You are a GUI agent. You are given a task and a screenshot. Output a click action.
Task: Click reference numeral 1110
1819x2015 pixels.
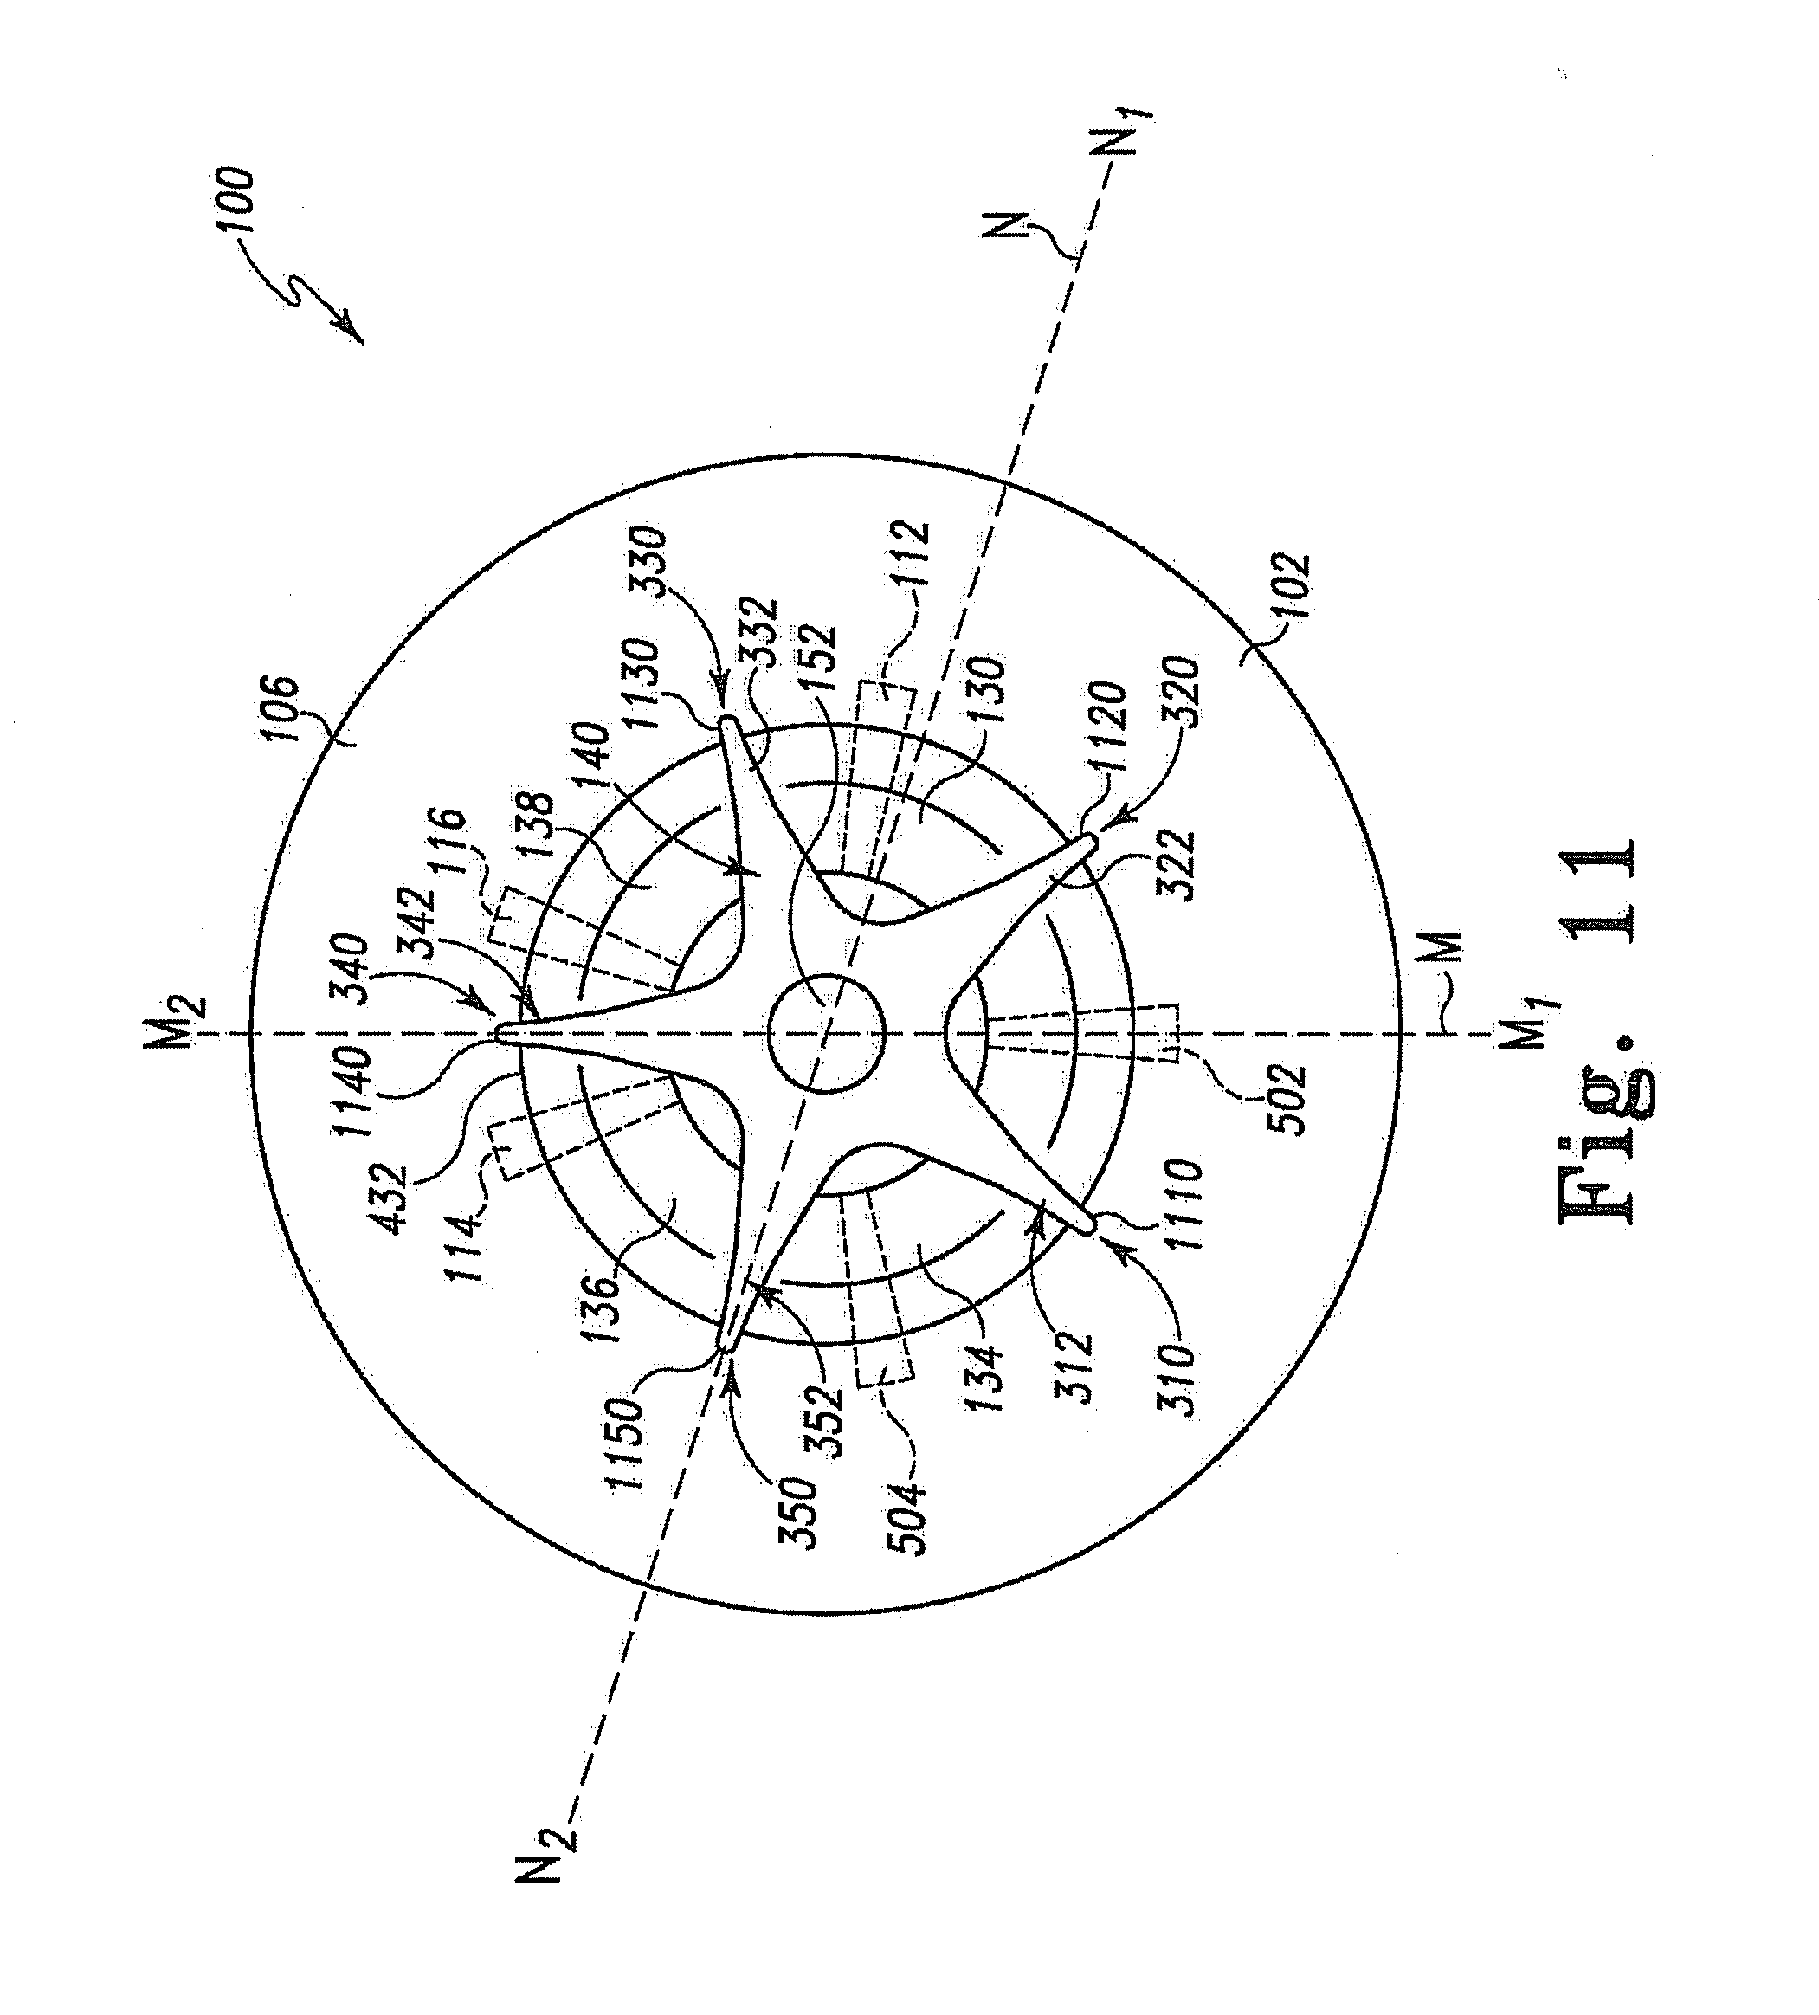[1185, 1218]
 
